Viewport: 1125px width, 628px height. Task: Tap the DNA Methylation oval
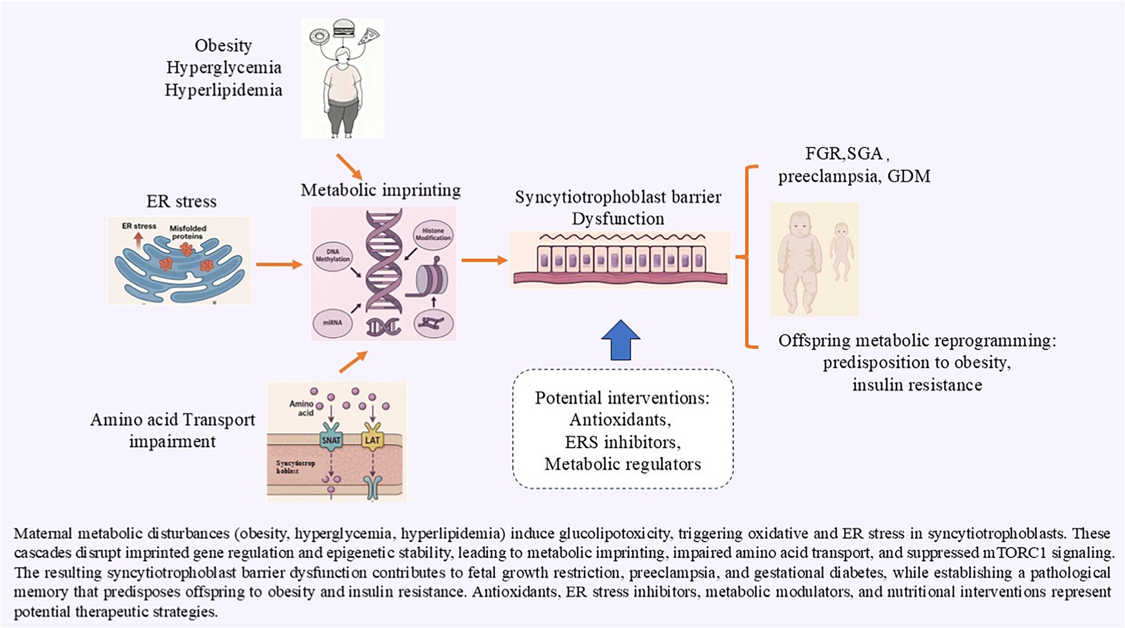(x=332, y=255)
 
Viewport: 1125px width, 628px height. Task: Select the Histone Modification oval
(x=433, y=234)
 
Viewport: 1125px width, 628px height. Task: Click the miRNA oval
(x=332, y=322)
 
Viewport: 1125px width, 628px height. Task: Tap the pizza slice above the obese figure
(x=369, y=36)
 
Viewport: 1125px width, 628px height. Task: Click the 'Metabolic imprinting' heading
(x=381, y=190)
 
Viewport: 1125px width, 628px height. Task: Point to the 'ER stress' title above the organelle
(x=182, y=201)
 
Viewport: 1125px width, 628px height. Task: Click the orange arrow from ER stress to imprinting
(x=278, y=264)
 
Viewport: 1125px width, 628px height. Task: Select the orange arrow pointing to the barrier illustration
(x=484, y=260)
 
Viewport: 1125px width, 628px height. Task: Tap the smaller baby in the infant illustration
(x=841, y=252)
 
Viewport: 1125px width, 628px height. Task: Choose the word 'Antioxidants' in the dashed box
(x=619, y=420)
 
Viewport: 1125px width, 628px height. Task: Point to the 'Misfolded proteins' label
(x=188, y=232)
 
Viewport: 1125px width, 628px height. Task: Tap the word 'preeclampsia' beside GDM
(x=827, y=176)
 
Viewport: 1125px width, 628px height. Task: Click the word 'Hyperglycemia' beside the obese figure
(x=223, y=68)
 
